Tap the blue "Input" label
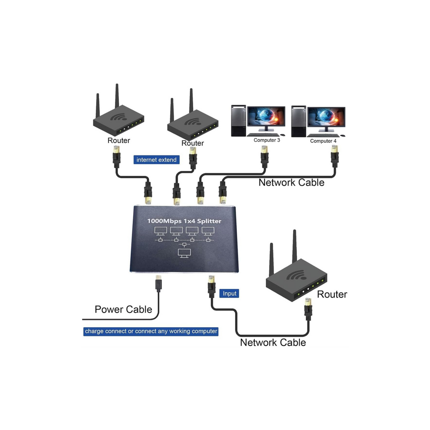click(x=229, y=294)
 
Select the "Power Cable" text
click(x=123, y=309)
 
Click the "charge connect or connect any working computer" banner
click(x=151, y=331)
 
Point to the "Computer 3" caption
click(x=267, y=140)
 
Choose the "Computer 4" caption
click(x=323, y=141)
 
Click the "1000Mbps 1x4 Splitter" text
click(x=184, y=221)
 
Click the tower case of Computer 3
click(x=238, y=121)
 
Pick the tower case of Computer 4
click(x=298, y=121)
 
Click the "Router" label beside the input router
click(x=332, y=294)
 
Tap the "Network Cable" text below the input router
click(x=273, y=343)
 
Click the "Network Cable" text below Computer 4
click(x=291, y=182)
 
